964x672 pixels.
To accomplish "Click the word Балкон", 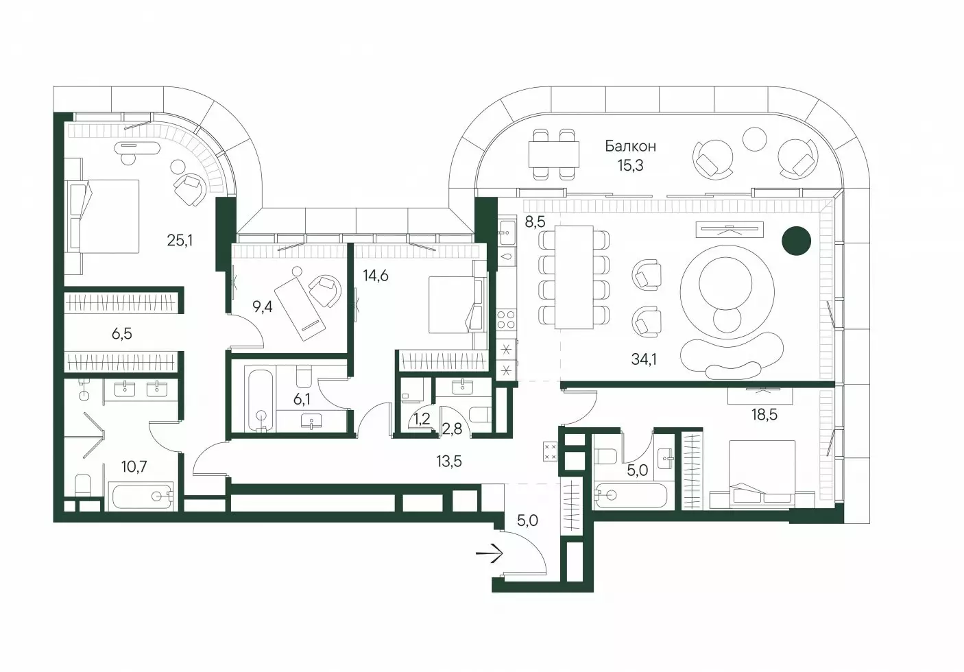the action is (631, 146).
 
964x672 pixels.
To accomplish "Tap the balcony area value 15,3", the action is (631, 165).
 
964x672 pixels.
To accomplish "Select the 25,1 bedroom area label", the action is (180, 240).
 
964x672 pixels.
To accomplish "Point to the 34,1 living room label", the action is (644, 359).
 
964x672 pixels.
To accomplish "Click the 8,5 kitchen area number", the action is (535, 221).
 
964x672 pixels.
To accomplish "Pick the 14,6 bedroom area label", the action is (375, 275).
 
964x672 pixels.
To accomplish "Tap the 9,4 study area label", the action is (262, 307).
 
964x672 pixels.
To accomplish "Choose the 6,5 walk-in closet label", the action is (122, 334).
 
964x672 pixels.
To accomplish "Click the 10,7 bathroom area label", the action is (134, 466).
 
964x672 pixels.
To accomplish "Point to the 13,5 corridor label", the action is (449, 461).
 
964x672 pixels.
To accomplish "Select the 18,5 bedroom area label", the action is (764, 415).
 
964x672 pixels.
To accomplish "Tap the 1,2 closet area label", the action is (421, 418).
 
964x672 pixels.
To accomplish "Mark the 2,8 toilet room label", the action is (452, 429).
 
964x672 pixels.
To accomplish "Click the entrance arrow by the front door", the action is (490, 553).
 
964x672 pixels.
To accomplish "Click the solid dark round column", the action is (796, 241).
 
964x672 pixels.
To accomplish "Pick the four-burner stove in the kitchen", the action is (506, 320).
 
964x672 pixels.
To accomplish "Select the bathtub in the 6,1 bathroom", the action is (260, 399).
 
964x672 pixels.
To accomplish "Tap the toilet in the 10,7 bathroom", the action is (83, 485).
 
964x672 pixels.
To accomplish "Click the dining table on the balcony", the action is (554, 154).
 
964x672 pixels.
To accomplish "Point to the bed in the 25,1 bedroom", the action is (104, 217).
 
